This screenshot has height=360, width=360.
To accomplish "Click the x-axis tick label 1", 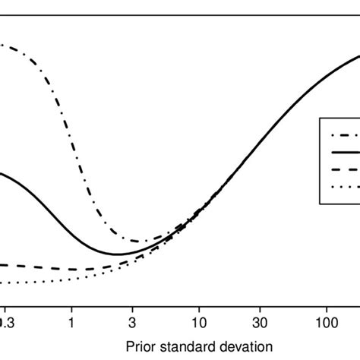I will coord(71,322).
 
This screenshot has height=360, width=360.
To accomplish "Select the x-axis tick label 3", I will coord(132,322).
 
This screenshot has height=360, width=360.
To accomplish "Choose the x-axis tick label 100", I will coord(327,322).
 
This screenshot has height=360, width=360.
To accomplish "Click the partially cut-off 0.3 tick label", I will coord(5,322).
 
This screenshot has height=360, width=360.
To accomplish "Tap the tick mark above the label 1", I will coord(71,306).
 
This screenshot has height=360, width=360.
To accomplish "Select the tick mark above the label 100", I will coord(327,306).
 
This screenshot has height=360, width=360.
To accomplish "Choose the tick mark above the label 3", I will coord(132,306).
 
